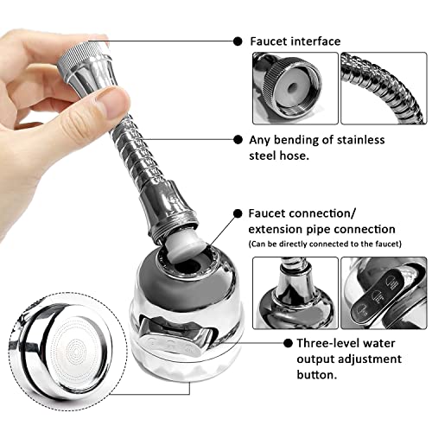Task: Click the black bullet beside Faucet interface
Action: point(238,41)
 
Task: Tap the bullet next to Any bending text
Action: point(238,140)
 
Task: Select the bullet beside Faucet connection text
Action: point(238,213)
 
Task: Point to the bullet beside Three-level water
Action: point(288,343)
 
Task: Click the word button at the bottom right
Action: point(317,375)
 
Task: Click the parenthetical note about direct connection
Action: point(325,245)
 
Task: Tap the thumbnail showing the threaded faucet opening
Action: point(295,88)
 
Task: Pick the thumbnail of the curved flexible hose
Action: point(384,88)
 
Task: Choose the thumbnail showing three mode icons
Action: point(384,293)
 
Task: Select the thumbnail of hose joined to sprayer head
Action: point(295,293)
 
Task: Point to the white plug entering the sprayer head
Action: point(187,243)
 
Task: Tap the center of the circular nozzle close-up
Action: point(75,351)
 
